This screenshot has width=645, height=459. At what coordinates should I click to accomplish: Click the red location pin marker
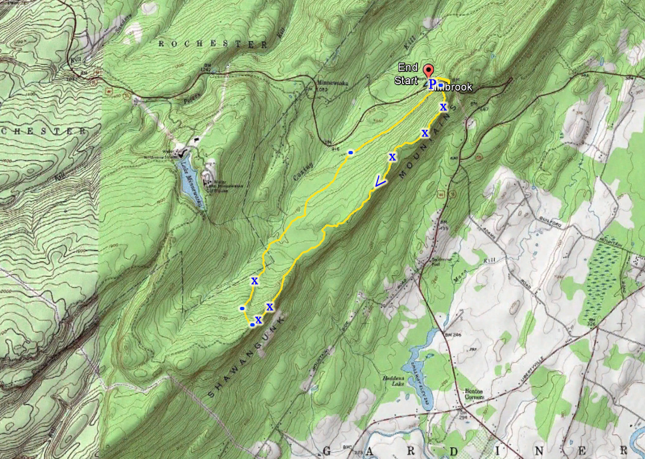(429, 71)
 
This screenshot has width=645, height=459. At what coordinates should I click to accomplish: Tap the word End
(408, 67)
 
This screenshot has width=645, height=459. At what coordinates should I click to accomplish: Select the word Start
(406, 81)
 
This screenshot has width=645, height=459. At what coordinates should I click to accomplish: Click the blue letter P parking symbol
(432, 84)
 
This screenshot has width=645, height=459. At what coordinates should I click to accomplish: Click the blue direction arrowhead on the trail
(380, 182)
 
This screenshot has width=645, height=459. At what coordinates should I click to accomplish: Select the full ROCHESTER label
(214, 45)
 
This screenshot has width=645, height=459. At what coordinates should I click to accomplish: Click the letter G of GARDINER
(327, 451)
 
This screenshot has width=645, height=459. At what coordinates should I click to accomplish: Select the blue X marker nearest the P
(443, 107)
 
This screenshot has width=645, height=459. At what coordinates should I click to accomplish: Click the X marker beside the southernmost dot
(259, 319)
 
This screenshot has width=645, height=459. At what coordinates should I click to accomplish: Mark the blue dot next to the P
(441, 85)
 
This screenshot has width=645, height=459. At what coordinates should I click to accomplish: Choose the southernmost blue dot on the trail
(252, 325)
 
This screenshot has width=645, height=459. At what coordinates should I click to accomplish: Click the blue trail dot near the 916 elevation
(351, 153)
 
